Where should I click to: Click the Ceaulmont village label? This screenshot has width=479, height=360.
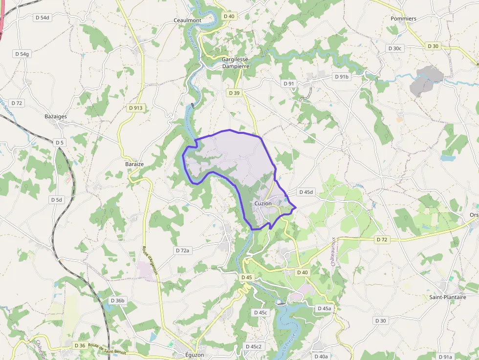[188, 20]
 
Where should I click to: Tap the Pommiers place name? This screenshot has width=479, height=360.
[403, 19]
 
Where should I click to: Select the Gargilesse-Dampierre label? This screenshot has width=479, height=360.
[236, 63]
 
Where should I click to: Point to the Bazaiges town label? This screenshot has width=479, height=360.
[56, 116]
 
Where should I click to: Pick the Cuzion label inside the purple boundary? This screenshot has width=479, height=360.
[263, 203]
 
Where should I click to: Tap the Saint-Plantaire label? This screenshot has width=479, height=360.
[447, 297]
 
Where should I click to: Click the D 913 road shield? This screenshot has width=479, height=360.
[136, 107]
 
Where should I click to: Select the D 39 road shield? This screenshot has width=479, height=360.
[234, 93]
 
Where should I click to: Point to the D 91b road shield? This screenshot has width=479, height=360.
[342, 77]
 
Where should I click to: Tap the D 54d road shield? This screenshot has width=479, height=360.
[43, 18]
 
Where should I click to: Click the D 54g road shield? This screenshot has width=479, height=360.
[22, 54]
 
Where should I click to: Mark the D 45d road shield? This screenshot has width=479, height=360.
[305, 192]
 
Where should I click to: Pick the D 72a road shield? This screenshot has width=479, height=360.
[182, 250]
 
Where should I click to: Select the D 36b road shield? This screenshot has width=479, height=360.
[118, 300]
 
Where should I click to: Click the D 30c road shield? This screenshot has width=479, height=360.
[394, 48]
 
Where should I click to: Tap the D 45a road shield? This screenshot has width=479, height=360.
[324, 308]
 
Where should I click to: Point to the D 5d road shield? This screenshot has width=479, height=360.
[57, 200]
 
